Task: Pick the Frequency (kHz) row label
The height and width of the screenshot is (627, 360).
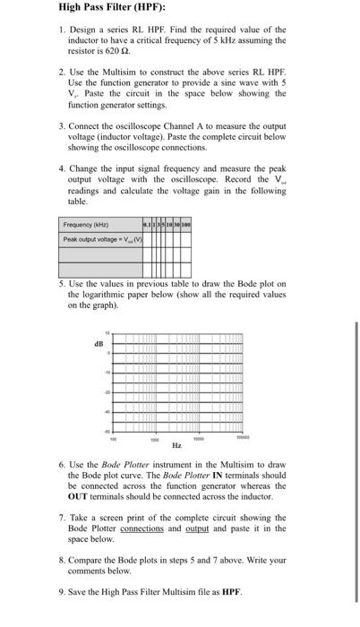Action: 86,225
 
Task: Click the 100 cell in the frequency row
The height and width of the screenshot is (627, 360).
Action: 186,225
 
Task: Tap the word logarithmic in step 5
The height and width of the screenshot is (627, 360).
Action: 111,294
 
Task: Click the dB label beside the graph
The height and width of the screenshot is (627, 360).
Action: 99,342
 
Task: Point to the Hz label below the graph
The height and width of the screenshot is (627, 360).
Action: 176,445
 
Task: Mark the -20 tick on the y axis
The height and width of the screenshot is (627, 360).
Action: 103,392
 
